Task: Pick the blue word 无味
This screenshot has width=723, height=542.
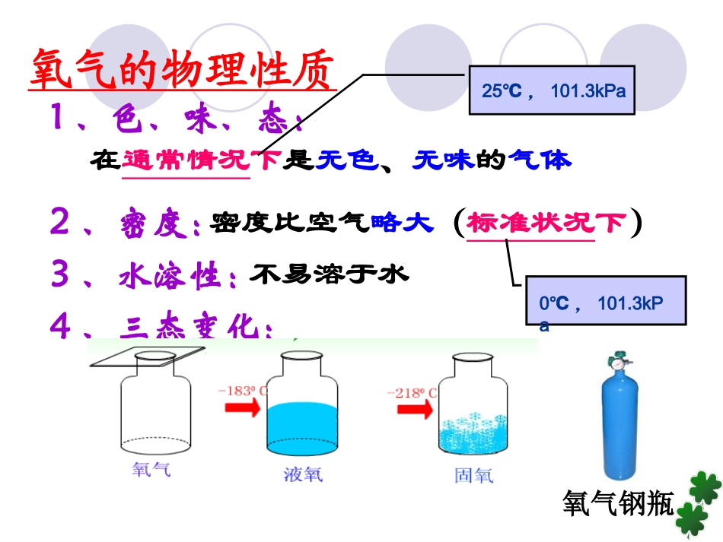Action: tap(443, 160)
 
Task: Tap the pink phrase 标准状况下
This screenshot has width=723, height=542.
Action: tap(546, 223)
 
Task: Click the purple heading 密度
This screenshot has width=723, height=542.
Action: tap(159, 224)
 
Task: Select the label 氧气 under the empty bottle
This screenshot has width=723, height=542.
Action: tap(151, 469)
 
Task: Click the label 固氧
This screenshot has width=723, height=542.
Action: tap(473, 475)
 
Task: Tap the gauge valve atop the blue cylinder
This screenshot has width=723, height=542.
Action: tap(619, 364)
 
